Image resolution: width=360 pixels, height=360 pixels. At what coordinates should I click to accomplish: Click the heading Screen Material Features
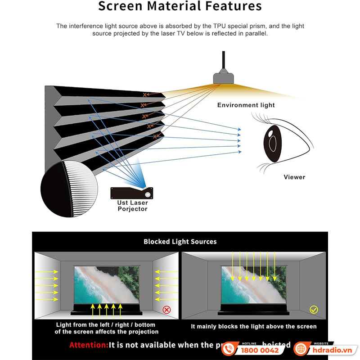(180, 7)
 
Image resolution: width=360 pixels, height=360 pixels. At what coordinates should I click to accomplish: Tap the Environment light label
(246, 105)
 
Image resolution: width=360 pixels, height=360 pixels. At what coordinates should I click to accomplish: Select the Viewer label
(294, 177)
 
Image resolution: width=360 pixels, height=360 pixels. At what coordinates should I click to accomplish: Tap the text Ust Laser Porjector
(132, 206)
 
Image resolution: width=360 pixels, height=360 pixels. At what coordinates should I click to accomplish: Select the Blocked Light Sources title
(180, 242)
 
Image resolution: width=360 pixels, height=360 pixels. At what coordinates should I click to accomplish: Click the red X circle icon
(166, 310)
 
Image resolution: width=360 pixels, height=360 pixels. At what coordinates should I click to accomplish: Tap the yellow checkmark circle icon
(313, 310)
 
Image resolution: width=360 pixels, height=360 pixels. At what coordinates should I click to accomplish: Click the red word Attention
(89, 345)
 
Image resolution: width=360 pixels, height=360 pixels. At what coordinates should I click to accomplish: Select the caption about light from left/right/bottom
(106, 328)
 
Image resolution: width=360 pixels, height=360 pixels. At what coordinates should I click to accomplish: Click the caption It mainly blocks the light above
(254, 326)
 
